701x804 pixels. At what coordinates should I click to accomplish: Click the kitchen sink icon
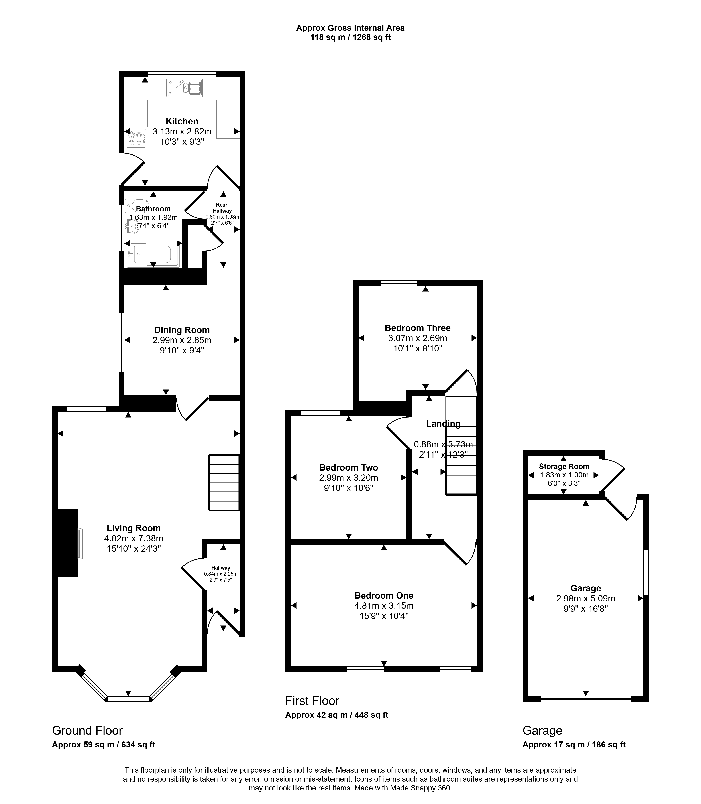click(185, 88)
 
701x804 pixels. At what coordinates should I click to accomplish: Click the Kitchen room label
click(182, 121)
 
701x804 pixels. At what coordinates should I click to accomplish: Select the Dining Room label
click(182, 330)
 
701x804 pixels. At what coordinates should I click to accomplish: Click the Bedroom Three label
click(418, 328)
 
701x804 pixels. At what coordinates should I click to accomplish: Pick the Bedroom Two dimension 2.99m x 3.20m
click(348, 477)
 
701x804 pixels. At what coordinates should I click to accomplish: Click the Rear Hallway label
click(222, 208)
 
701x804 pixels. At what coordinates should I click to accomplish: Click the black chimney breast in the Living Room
click(67, 542)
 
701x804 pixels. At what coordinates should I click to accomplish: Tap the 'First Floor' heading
click(312, 700)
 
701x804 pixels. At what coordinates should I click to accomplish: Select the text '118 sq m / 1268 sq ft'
click(351, 38)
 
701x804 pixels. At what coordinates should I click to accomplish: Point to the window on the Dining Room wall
click(122, 342)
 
